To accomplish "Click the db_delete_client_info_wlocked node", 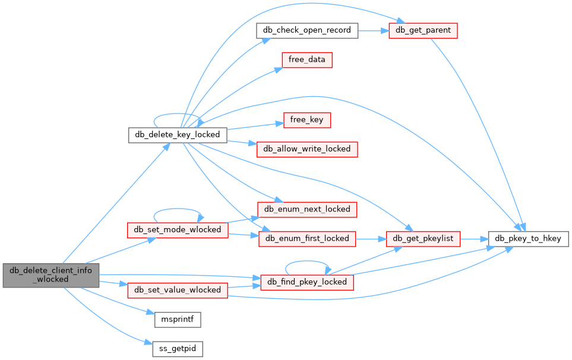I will pos(50,274).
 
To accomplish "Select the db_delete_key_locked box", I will pos(178,134).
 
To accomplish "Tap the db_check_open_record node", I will pos(307,30).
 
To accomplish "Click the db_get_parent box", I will pos(422,30).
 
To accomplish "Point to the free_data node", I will pos(307,60).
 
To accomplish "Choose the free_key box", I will pos(306,119).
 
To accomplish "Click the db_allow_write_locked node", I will pos(306,149).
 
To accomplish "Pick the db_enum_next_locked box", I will pos(306,209).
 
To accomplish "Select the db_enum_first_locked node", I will pos(307,238).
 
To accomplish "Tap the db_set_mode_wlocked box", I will pos(178,229).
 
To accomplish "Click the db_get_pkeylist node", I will pos(422,238).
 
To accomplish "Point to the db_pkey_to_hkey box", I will pos(529,238).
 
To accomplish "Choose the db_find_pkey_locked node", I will pos(307,282).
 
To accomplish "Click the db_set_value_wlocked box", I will pos(178,290).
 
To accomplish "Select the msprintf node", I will pos(178,319).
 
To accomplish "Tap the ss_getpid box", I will pos(178,349).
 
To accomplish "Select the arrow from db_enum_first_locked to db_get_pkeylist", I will pos(371,238).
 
